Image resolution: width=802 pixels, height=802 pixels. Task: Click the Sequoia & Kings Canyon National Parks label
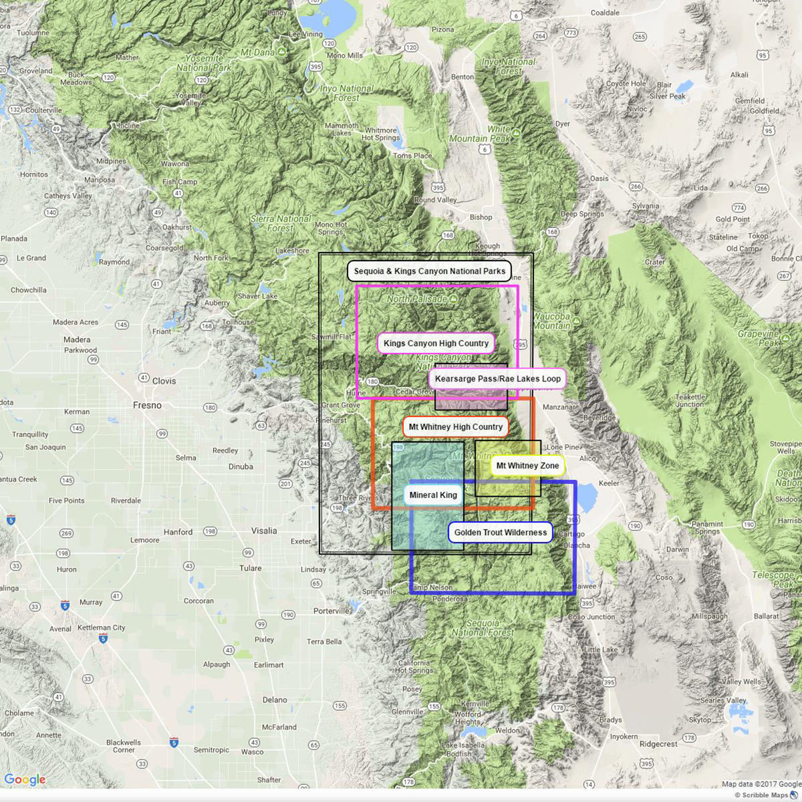pyautogui.click(x=429, y=271)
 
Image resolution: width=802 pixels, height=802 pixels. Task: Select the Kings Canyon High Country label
pyautogui.click(x=436, y=344)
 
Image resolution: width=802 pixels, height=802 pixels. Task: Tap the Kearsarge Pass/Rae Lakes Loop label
pyautogui.click(x=497, y=379)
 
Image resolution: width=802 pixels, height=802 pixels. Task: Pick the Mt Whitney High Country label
pyautogui.click(x=455, y=427)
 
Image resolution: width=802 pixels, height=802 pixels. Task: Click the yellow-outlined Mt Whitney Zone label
pyautogui.click(x=527, y=466)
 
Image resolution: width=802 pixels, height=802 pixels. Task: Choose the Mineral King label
pyautogui.click(x=433, y=495)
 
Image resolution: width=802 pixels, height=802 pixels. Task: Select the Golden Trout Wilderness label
pyautogui.click(x=500, y=533)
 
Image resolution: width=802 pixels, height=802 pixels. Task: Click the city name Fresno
pyautogui.click(x=147, y=405)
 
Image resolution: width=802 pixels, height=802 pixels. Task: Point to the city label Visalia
pyautogui.click(x=264, y=531)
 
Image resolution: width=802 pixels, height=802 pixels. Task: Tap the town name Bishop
pyautogui.click(x=481, y=217)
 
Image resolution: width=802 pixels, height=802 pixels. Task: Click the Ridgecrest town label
pyautogui.click(x=658, y=744)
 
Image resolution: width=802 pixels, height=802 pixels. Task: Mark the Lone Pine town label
pyautogui.click(x=563, y=447)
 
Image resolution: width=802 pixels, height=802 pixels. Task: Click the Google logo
pyautogui.click(x=25, y=780)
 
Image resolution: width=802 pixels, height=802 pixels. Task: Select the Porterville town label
pyautogui.click(x=331, y=611)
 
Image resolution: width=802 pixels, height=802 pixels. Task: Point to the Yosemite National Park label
pyautogui.click(x=204, y=63)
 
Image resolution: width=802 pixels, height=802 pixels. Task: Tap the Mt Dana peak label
pyautogui.click(x=259, y=52)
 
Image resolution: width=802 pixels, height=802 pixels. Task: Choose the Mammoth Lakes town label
pyautogui.click(x=342, y=129)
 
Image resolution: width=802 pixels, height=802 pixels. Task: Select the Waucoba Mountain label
pyautogui.click(x=551, y=321)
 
